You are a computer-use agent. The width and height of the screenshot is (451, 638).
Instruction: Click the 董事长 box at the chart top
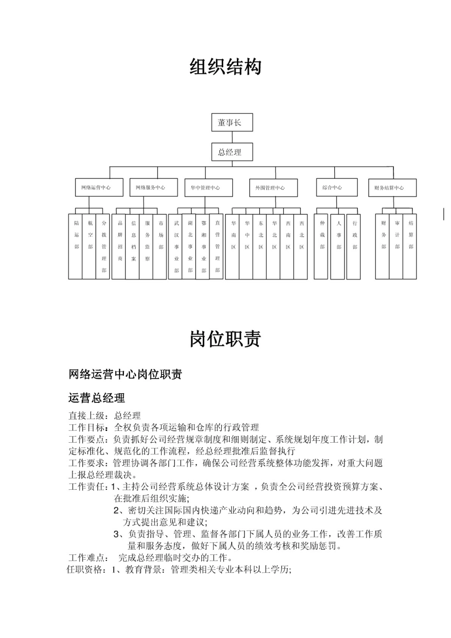232,123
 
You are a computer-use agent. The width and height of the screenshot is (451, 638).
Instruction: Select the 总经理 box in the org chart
232,152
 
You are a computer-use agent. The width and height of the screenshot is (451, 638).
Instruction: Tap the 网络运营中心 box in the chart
99,187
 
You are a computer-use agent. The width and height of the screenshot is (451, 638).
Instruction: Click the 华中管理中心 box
208,187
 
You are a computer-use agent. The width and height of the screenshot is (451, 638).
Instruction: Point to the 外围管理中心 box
273,188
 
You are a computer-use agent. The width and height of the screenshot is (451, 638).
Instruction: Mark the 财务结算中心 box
392,188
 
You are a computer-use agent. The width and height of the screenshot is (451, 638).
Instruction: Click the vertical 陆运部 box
75,247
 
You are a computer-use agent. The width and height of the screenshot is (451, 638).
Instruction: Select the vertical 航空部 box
89,247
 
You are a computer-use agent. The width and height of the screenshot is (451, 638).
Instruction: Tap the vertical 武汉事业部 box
176,247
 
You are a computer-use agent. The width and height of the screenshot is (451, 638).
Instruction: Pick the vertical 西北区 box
301,247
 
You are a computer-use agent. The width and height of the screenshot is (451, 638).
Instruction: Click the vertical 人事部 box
338,247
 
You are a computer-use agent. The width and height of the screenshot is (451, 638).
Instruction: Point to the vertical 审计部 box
396,247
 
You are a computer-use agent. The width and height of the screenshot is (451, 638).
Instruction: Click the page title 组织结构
225,67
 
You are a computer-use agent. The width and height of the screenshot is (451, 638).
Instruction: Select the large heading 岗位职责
225,339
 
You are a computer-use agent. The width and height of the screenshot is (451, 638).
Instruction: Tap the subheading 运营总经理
97,398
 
